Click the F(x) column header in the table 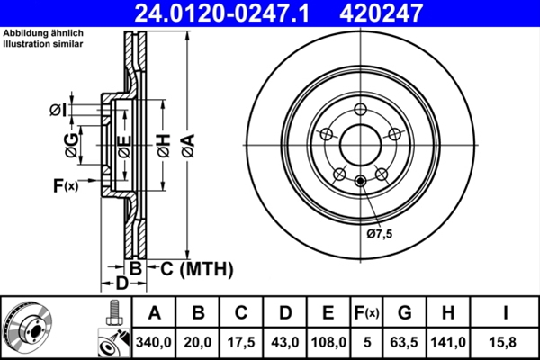click(x=366, y=313)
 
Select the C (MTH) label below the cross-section click(x=190, y=268)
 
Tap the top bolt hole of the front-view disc click(x=359, y=109)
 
